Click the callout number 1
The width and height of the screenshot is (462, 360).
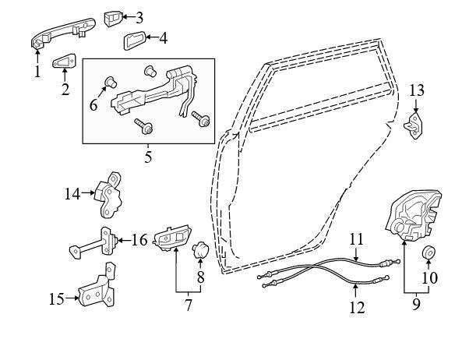pos(37,72)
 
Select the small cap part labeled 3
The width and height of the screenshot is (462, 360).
pos(113,19)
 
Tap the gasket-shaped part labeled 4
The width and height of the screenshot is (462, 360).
pos(134,41)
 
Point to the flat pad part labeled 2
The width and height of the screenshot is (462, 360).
pos(64,61)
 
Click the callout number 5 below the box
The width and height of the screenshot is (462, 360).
pos(148,157)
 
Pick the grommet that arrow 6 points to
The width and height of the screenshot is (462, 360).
pos(111,82)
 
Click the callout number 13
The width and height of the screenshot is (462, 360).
pos(417,90)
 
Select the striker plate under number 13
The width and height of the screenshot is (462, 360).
pos(414,125)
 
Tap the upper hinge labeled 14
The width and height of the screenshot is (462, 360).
pos(108,196)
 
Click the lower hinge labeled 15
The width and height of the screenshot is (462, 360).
pos(97,286)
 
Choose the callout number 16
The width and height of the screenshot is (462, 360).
pos(139,240)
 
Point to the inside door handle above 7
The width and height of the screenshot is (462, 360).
pos(171,238)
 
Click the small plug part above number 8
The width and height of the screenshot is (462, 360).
pos(200,250)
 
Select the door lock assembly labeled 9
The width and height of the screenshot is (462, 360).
pos(414,215)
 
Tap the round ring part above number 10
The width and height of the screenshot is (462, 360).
pos(428,252)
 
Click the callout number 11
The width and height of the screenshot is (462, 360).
pos(356,239)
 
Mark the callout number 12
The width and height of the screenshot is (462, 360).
pos(357,307)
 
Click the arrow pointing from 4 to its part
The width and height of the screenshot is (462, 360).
pos(153,37)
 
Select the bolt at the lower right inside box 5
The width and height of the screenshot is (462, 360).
pos(201,118)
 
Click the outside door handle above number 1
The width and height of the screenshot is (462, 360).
pos(63,33)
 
